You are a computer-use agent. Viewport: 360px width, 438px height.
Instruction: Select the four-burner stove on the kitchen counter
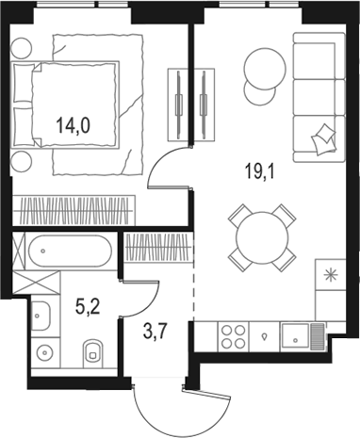tap(234, 336)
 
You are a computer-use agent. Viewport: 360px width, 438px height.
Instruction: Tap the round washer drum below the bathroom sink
tap(46, 352)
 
